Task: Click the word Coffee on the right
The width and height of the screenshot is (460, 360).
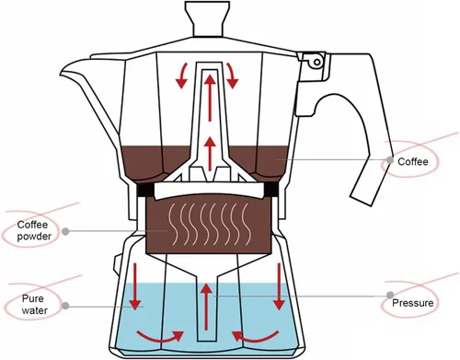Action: click(413, 161)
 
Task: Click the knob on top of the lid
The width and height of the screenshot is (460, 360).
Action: click(210, 17)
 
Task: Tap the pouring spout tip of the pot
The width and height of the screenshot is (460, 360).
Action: click(63, 73)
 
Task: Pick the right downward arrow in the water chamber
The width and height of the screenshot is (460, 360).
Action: click(276, 287)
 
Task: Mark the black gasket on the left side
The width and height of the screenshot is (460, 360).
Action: click(144, 190)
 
